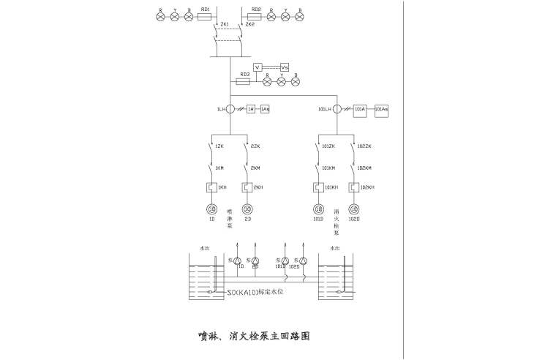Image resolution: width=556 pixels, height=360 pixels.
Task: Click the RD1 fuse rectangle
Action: [205, 16]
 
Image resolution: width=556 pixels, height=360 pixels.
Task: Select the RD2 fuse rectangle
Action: [256, 16]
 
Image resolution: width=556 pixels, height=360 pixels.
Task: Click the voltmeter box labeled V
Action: [258, 67]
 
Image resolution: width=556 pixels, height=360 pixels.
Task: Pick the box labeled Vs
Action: [285, 67]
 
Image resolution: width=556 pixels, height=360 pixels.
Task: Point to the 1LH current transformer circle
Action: [230, 109]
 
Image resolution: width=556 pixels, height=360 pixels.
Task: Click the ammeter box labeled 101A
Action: [358, 110]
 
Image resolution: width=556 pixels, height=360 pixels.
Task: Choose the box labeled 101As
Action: [381, 110]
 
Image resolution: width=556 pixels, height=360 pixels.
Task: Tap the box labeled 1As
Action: [265, 109]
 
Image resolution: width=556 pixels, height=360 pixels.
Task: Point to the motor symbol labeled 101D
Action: [318, 209]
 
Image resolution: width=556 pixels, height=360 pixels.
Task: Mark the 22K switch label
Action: [255, 146]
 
